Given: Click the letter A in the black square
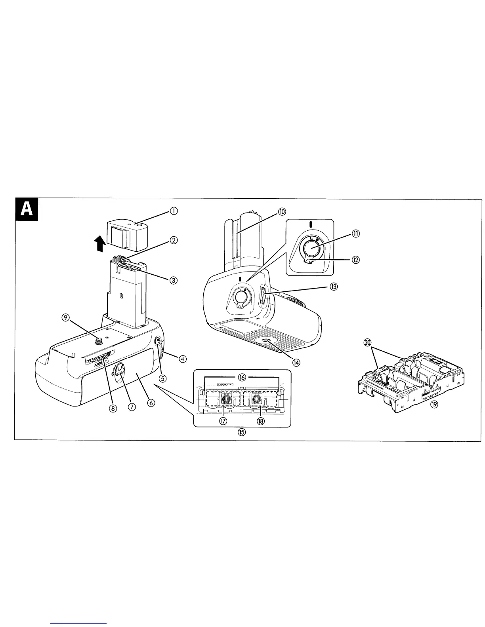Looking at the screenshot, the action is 27,209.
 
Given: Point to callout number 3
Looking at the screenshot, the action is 173,280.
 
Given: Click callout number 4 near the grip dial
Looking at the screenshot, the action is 182,359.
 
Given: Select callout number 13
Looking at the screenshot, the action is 334,287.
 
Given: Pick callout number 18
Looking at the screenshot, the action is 261,421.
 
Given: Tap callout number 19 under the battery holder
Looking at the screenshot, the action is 434,415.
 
